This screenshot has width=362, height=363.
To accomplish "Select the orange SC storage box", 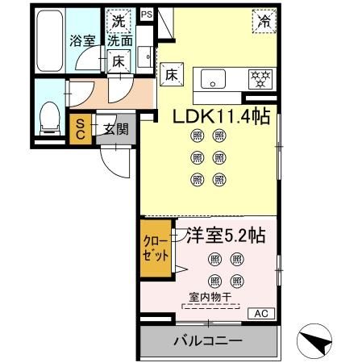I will (x=81, y=129).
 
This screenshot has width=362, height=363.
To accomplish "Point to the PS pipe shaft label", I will (x=146, y=15).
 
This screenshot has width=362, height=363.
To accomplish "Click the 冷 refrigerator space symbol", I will (x=264, y=22).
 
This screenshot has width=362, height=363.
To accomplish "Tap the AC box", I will (x=261, y=313).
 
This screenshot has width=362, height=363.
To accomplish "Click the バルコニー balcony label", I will (x=207, y=341).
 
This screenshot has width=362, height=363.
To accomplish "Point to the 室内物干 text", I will (x=210, y=297).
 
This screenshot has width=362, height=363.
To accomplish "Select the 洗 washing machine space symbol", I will (x=119, y=21).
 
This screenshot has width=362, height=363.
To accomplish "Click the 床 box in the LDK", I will (x=172, y=73).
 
